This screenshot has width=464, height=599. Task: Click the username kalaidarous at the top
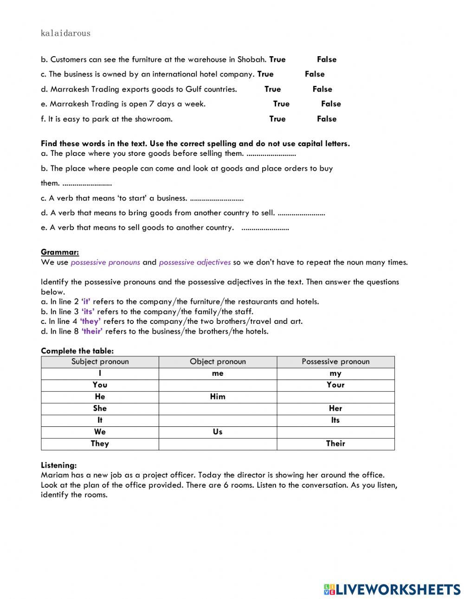pos(65,33)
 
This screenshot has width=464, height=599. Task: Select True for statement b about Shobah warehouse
pos(277,59)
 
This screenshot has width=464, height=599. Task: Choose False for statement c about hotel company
pos(315,74)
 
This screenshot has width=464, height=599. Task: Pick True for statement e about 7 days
pos(281,104)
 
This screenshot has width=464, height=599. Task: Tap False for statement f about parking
pos(327,119)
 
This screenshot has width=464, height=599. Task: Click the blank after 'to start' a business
pos(217,199)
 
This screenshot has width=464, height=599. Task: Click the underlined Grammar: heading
pos(60,252)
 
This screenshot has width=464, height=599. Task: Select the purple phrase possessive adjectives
pos(194,263)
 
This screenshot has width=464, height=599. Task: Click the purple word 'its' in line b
pos(88,312)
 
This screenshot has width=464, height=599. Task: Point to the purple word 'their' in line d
pos(92,331)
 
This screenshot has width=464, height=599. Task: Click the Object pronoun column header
pos(218,362)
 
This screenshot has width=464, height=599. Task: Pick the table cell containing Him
pos(218,397)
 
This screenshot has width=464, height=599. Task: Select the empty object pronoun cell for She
pos(218,409)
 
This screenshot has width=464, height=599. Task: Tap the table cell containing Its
pos(335,420)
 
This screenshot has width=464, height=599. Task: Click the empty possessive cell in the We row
pos(335,432)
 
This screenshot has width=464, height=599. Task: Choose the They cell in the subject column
pos(100,444)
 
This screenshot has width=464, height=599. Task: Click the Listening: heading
pos(59,465)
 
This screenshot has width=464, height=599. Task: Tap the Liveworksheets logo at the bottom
pos(392,589)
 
